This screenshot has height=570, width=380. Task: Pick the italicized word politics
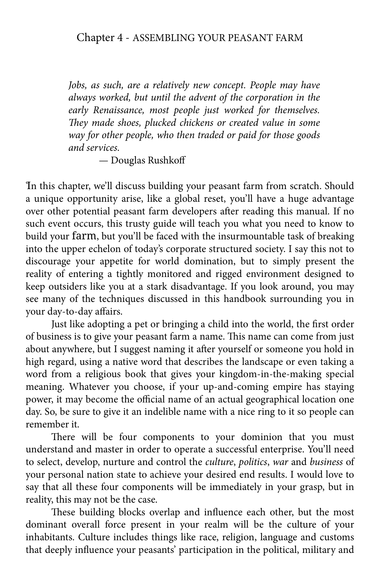[253, 462]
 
